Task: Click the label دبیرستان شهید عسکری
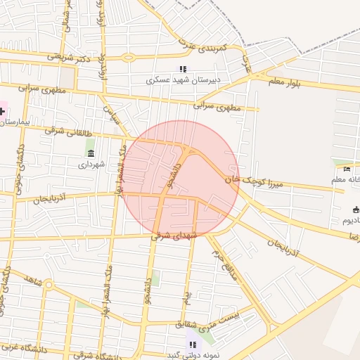click(183, 80)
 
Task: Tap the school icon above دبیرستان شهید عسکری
click(183, 69)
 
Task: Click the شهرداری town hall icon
click(90, 153)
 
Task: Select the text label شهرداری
click(91, 164)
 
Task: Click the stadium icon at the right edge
click(356, 209)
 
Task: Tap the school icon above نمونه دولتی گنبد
click(192, 344)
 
